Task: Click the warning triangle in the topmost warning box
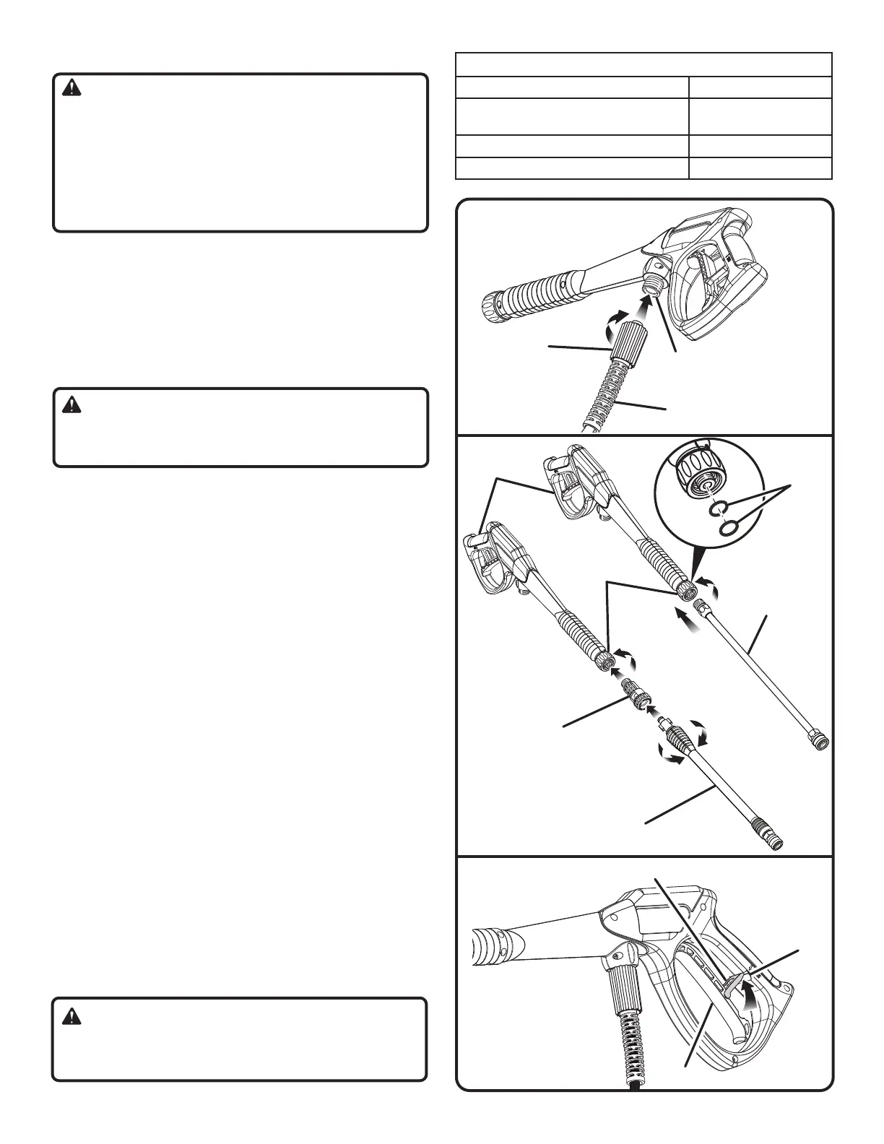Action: pos(72,89)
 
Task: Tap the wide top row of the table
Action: pos(643,65)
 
